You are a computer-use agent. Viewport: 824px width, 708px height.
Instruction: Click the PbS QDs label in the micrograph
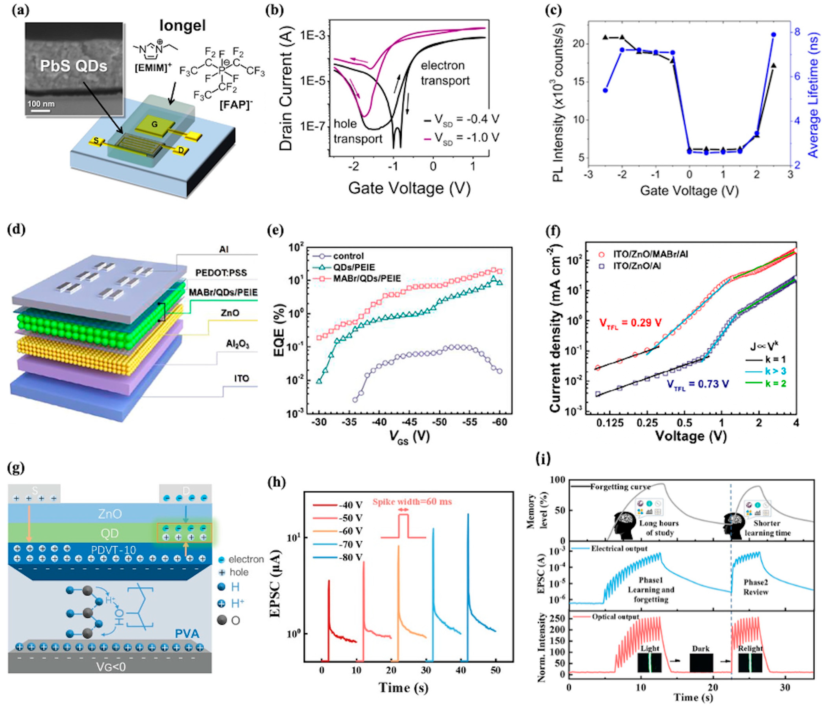pyautogui.click(x=73, y=66)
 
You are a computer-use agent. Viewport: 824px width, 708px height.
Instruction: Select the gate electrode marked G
pyautogui.click(x=154, y=124)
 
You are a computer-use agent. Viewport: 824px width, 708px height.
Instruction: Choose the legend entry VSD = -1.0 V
pyautogui.click(x=461, y=138)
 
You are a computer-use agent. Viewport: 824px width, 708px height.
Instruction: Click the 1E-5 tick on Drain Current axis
pyautogui.click(x=314, y=81)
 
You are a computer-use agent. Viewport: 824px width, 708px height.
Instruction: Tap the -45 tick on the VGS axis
pyautogui.click(x=409, y=422)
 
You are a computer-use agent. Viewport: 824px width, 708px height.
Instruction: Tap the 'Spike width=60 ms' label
pyautogui.click(x=412, y=502)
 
